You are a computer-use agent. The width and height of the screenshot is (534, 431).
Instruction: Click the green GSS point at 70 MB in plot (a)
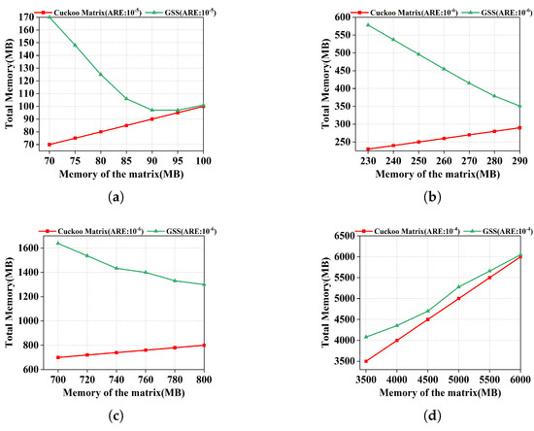(50, 17)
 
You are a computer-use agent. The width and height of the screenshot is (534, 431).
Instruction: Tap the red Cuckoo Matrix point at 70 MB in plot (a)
(50, 145)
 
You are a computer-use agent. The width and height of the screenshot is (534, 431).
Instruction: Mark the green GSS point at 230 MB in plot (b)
(368, 24)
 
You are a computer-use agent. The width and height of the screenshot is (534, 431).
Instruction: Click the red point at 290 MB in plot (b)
(519, 127)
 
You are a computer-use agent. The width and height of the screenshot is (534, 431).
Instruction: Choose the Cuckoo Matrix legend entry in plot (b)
(356, 7)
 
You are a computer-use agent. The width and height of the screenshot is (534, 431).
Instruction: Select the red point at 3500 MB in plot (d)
(365, 361)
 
